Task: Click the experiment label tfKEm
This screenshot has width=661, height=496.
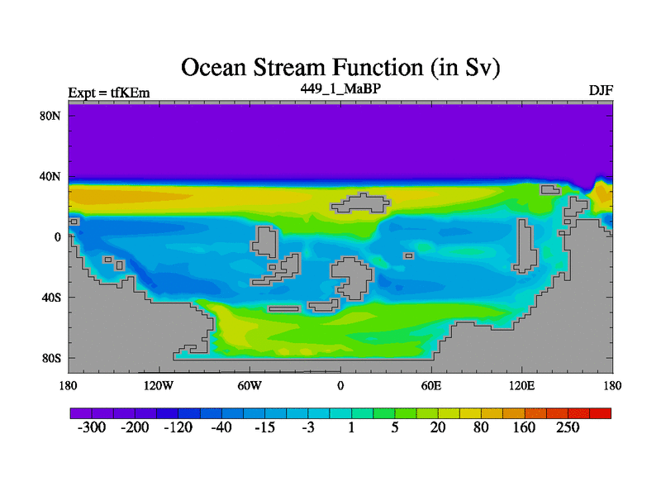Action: [131, 93]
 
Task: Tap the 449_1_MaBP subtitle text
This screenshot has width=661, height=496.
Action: [340, 88]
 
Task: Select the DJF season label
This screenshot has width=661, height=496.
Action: [601, 90]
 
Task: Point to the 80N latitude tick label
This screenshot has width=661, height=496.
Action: [50, 116]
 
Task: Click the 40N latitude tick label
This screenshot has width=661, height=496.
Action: [50, 176]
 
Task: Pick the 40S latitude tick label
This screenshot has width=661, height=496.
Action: [51, 298]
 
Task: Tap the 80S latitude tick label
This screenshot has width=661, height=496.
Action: [51, 359]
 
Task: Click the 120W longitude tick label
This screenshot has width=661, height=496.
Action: [159, 385]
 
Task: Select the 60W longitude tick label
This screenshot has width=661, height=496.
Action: [250, 385]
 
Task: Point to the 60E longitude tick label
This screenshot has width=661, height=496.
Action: [431, 385]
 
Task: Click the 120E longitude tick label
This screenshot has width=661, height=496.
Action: [522, 385]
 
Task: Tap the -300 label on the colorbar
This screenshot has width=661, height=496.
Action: [92, 427]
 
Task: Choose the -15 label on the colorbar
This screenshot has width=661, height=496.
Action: [264, 427]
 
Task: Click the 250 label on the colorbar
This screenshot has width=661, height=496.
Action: [568, 427]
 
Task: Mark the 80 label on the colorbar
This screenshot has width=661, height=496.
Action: [481, 427]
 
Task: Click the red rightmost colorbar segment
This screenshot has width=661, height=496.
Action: [601, 413]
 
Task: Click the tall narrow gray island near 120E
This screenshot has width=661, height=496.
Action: [525, 246]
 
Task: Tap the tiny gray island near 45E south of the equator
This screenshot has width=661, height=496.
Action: [408, 255]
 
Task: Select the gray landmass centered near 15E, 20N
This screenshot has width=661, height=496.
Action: [361, 203]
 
